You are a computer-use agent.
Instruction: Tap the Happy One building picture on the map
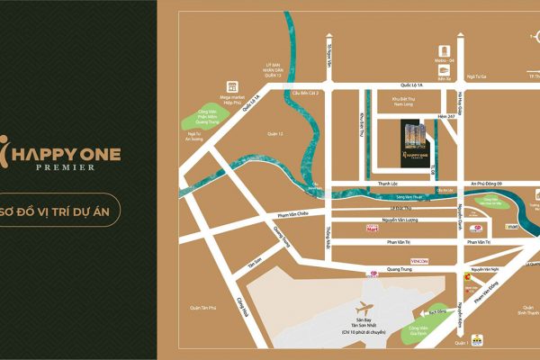click(412, 140)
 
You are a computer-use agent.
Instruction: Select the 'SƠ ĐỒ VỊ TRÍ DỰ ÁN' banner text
click(74, 210)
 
